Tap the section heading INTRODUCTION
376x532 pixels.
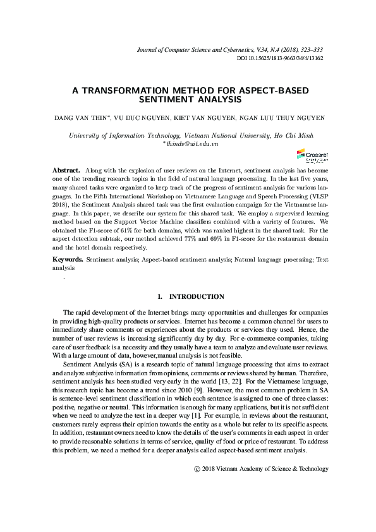pos(197,296)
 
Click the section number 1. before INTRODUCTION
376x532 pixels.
pos(161,296)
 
